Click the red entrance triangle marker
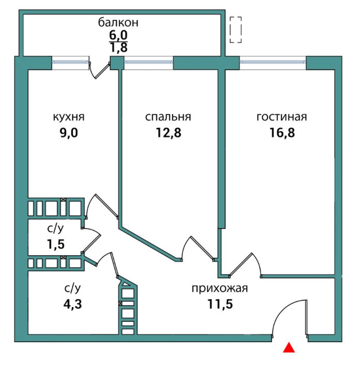pyautogui.click(x=290, y=348)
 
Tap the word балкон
pyautogui.click(x=118, y=23)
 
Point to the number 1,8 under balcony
pyautogui.click(x=118, y=48)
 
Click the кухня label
pyautogui.click(x=69, y=117)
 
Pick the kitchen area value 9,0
pyautogui.click(x=69, y=132)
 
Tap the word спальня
pyautogui.click(x=168, y=117)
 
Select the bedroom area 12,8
pyautogui.click(x=168, y=132)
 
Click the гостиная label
pyautogui.click(x=281, y=117)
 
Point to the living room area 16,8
pyautogui.click(x=281, y=132)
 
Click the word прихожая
pyautogui.click(x=220, y=288)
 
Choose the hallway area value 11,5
pyautogui.click(x=220, y=303)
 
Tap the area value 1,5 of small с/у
pyautogui.click(x=54, y=244)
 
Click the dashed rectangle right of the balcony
pyautogui.click(x=236, y=29)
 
